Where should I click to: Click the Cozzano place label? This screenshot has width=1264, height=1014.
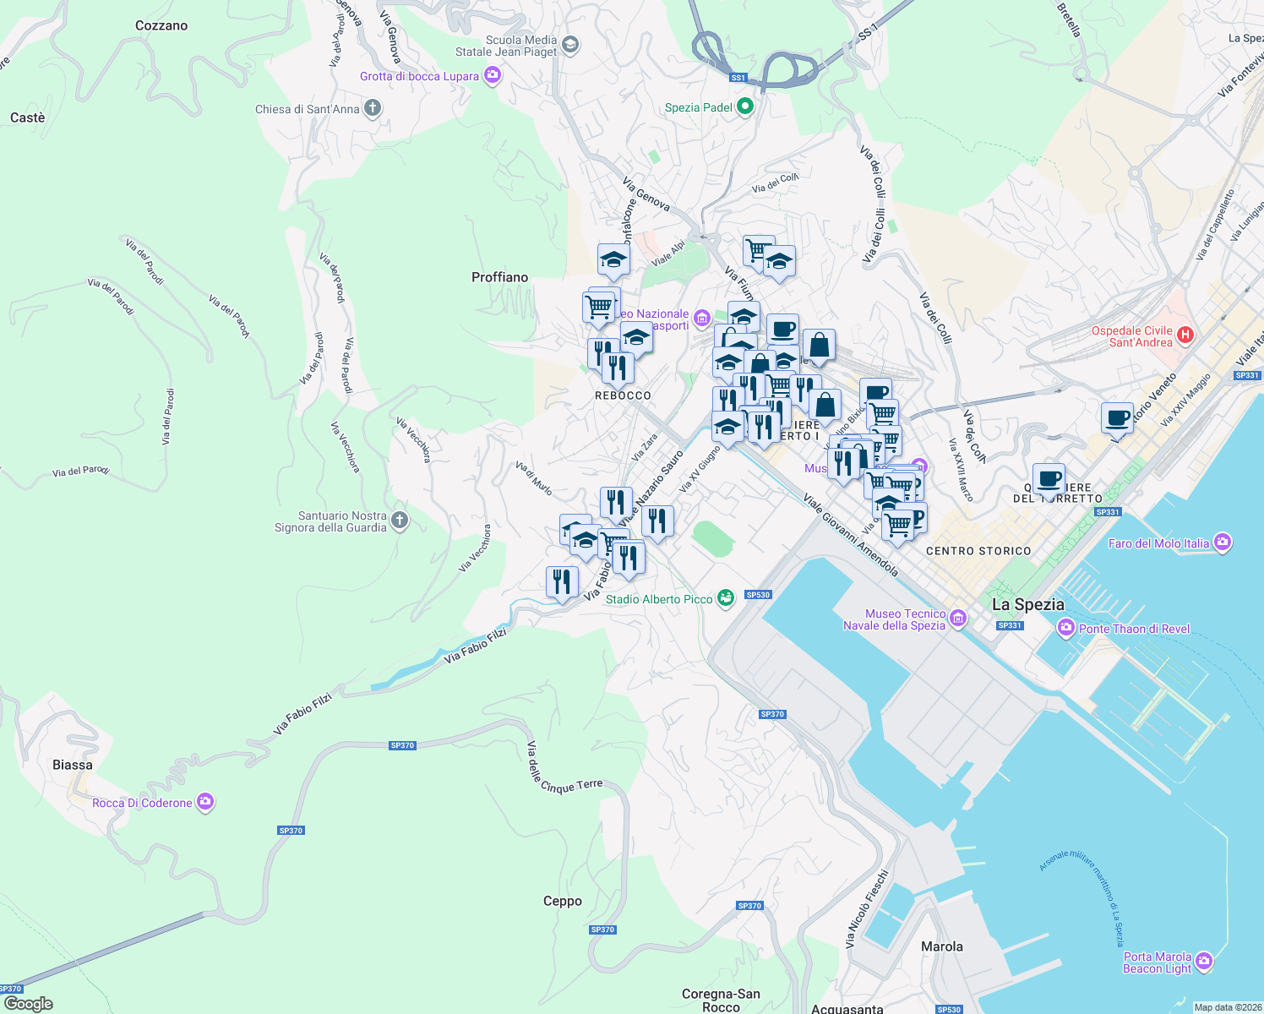(161, 26)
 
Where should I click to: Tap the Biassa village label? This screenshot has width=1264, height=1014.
(73, 765)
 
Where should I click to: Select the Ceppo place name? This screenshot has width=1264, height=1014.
(563, 901)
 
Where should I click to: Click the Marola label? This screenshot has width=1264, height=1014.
(942, 946)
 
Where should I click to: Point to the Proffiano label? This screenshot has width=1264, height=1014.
(499, 277)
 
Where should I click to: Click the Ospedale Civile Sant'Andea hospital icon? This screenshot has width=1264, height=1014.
(1185, 335)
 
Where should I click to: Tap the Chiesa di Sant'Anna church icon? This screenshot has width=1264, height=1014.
(373, 108)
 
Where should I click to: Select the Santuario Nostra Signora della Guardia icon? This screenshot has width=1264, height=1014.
(400, 521)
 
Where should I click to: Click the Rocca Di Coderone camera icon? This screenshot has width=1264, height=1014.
(205, 802)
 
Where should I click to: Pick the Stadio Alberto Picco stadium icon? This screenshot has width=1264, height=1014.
(726, 598)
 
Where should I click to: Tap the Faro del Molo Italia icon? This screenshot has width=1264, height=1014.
(1223, 542)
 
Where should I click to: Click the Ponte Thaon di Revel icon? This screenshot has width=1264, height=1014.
(1066, 628)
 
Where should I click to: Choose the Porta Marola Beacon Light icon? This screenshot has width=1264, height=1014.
(1204, 962)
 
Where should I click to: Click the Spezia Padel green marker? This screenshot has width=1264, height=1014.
(744, 106)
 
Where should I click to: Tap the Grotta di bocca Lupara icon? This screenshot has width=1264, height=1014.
(493, 76)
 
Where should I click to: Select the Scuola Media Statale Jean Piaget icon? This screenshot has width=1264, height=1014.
(570, 44)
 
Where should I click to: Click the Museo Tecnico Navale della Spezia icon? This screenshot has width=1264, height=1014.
(958, 619)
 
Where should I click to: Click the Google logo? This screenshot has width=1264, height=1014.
(28, 1004)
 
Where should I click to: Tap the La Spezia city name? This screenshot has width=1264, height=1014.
(1028, 604)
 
